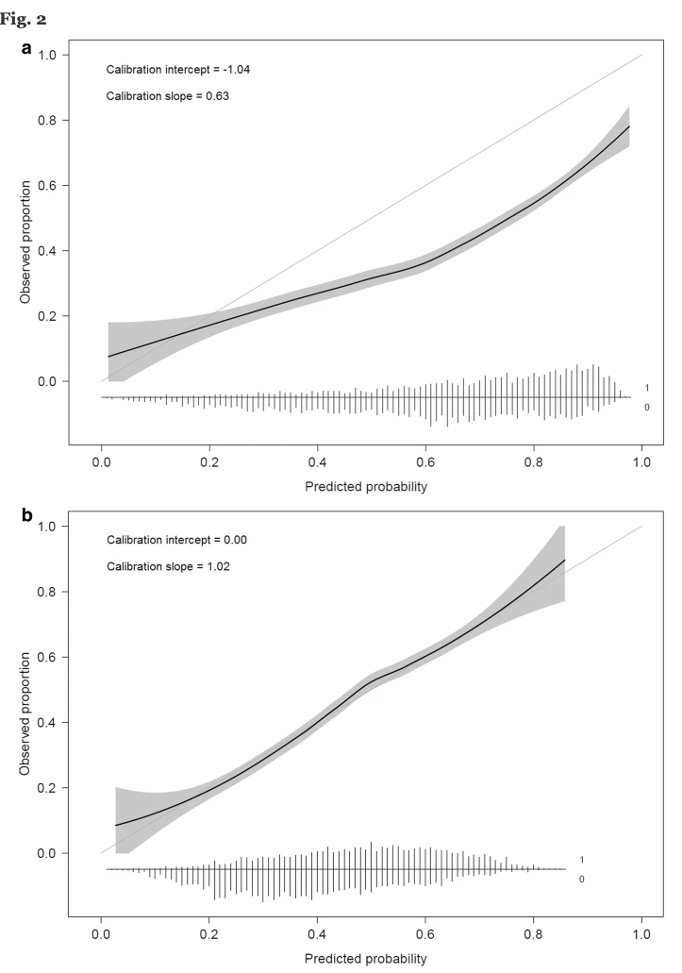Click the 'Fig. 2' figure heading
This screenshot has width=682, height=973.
click(x=24, y=18)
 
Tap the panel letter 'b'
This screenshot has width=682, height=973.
click(x=27, y=516)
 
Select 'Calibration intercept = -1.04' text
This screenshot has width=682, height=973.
click(x=177, y=70)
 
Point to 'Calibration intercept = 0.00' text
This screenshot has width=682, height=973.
click(x=176, y=540)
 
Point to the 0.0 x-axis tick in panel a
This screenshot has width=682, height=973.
click(x=101, y=463)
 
